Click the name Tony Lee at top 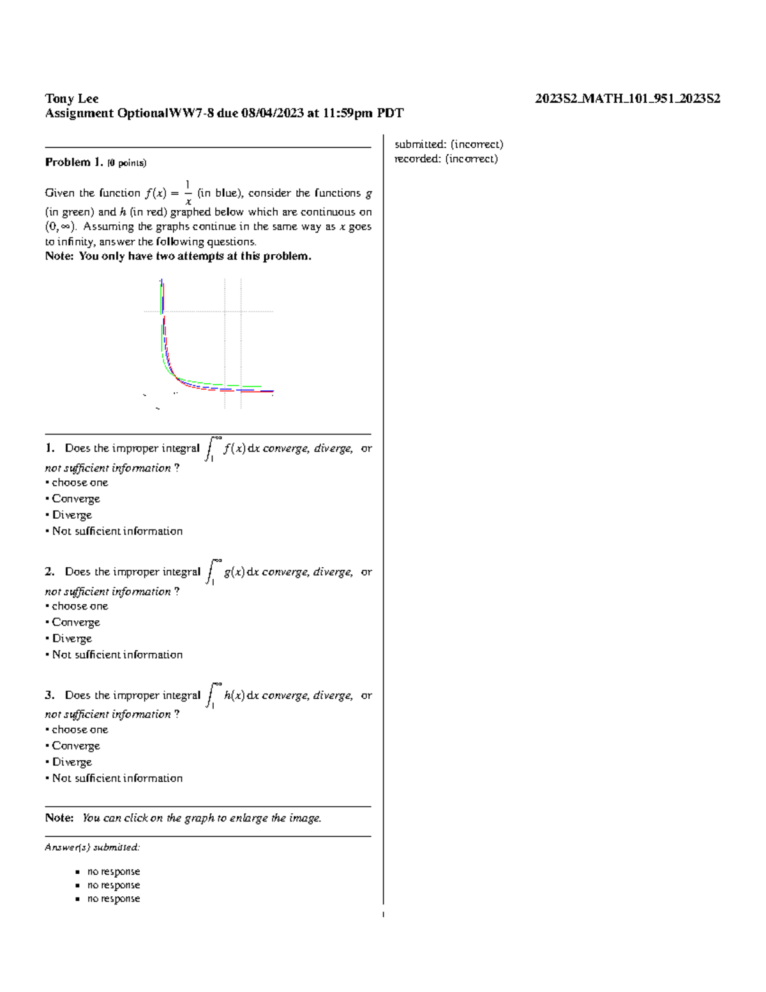point(71,98)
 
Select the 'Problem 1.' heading point(73,162)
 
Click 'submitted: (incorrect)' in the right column point(449,144)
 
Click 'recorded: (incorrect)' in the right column point(446,158)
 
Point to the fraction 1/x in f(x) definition point(188,192)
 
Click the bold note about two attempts point(178,256)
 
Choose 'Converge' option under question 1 point(75,499)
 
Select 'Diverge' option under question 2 point(71,639)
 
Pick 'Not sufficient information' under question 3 point(117,778)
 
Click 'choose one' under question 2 point(80,606)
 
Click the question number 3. point(49,695)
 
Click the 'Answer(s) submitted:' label point(91,848)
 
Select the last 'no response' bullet point(113,899)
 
